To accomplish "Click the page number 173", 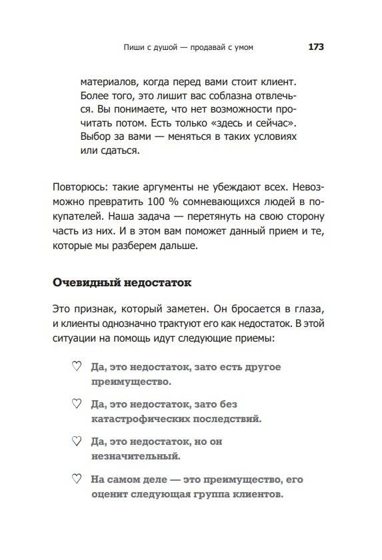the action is pos(315,47).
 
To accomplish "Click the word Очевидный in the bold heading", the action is pos(86,282).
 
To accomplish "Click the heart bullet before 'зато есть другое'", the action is pos(75,367).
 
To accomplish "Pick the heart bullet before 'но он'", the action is pos(75,441).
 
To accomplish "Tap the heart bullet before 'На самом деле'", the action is pos(75,479).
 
